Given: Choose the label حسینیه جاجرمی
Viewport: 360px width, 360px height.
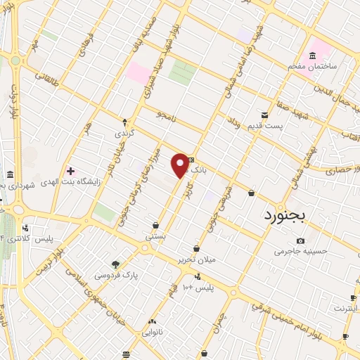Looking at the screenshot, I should [x=300, y=251].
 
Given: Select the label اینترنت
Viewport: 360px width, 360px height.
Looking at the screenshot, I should [x=345, y=308].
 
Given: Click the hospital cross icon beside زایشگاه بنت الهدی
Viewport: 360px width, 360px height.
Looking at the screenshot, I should [x=70, y=170].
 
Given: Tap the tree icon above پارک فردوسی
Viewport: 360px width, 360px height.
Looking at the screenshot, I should [x=115, y=265].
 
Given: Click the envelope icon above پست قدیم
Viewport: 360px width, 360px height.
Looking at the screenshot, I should [x=264, y=115].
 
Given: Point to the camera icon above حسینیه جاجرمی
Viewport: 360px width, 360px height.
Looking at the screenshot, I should [x=300, y=241].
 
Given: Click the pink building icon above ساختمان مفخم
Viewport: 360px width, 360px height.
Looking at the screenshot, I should [x=311, y=55].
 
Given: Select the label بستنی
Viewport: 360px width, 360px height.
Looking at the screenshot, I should [x=155, y=237].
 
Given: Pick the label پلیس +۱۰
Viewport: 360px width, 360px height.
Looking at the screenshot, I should [x=198, y=288].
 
